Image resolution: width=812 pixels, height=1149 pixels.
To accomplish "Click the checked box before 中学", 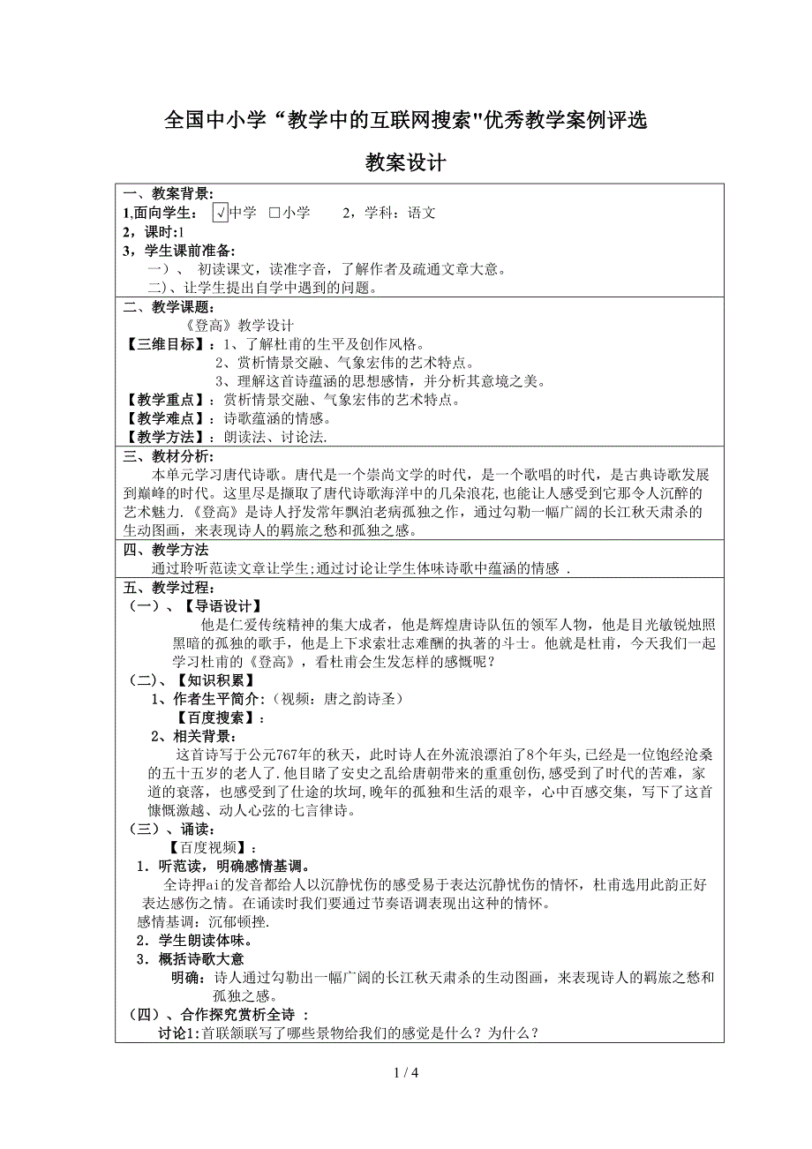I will click(220, 213).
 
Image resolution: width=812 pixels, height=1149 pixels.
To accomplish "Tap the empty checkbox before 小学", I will click(274, 213).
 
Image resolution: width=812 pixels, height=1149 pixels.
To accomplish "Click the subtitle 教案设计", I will click(406, 163).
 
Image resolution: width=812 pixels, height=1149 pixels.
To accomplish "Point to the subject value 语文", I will click(422, 213).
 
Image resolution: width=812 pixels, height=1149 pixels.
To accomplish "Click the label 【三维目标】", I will click(164, 344).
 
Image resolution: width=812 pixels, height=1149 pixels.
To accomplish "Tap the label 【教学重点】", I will click(164, 400).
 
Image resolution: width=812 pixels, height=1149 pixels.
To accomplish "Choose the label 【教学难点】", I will click(164, 418).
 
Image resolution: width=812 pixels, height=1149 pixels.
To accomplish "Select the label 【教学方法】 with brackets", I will click(164, 437).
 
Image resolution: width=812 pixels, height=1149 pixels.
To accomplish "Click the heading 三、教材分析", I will click(168, 455).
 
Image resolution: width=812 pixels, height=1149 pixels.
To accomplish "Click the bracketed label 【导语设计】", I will click(222, 606).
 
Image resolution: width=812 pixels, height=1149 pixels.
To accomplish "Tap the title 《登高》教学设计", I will click(243, 326).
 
